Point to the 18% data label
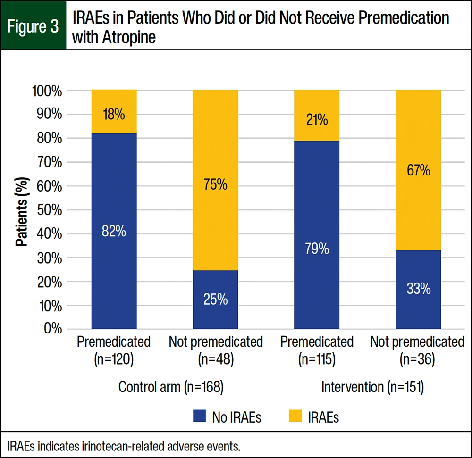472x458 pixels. (114, 114)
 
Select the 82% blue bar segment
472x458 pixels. (114, 231)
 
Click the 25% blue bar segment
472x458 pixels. (215, 299)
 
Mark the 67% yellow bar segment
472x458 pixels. (418, 170)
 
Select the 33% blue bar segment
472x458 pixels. (418, 289)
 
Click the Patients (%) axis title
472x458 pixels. (22, 210)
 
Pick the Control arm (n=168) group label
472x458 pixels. (170, 387)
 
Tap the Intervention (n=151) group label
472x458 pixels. (372, 387)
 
